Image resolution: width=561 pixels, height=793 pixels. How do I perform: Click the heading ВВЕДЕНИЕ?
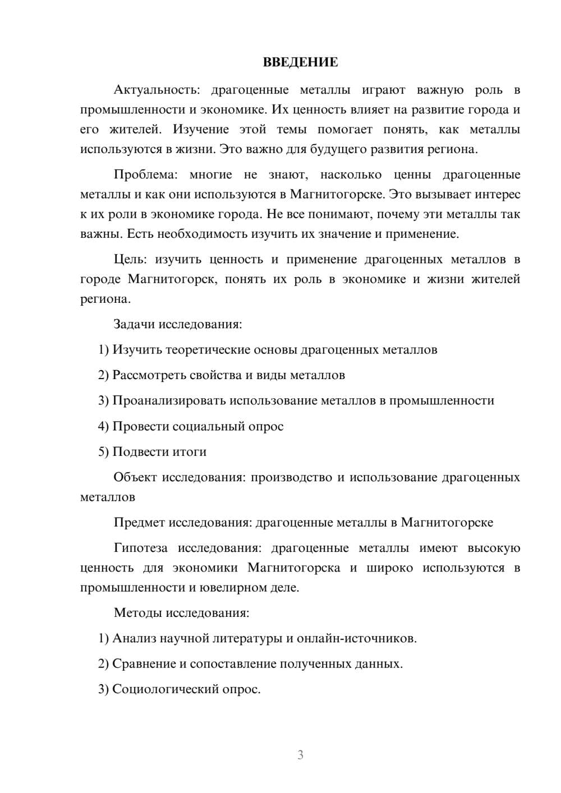[300, 62]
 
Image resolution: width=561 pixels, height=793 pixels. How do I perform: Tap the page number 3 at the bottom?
[300, 755]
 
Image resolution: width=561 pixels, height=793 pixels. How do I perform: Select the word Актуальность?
[157, 90]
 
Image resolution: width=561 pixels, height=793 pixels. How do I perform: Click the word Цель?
[130, 259]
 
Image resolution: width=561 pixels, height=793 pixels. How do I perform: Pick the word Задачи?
[134, 324]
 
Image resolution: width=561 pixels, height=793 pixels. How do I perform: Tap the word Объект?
[134, 477]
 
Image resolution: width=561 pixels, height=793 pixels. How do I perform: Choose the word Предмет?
[139, 523]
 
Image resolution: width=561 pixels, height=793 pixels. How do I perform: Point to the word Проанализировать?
[169, 400]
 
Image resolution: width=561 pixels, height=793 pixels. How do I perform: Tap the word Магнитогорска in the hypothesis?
[293, 568]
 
